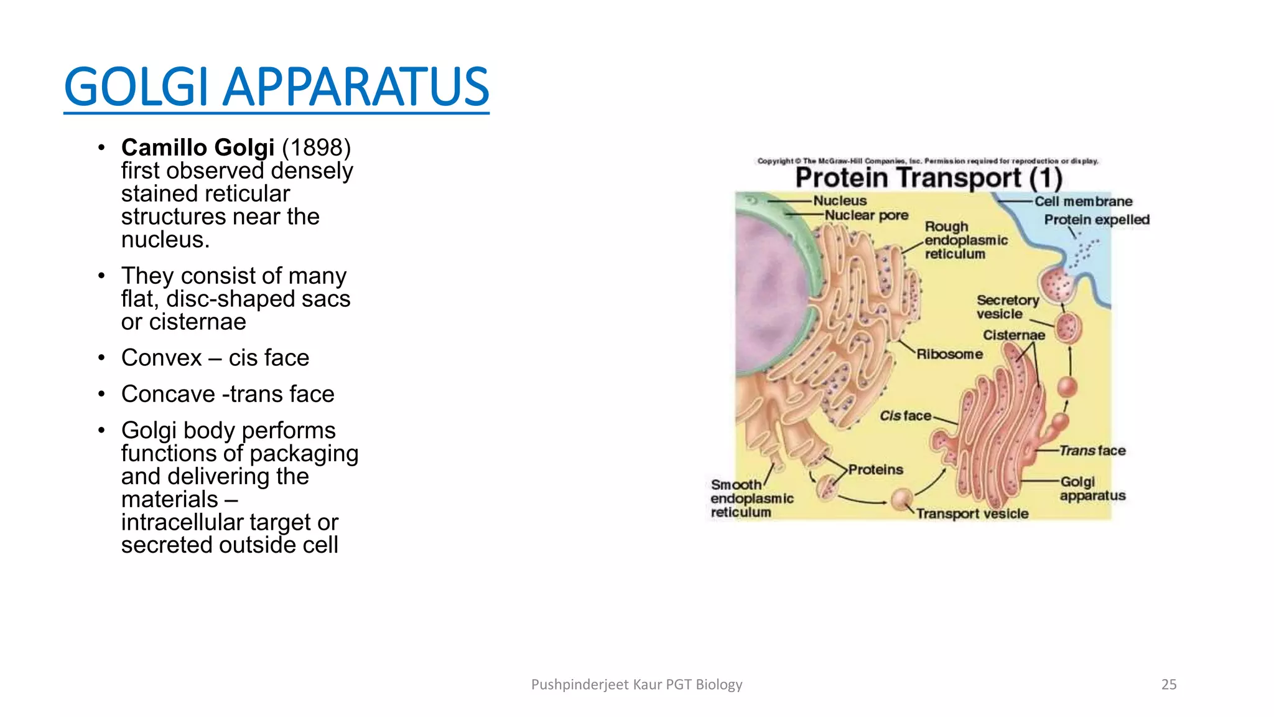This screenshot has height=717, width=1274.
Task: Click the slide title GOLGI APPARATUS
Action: coord(276,87)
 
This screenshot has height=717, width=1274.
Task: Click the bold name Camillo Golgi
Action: coord(198,148)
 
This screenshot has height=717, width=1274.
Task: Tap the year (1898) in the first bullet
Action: coord(317,148)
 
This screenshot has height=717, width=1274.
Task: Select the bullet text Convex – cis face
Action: coord(215,358)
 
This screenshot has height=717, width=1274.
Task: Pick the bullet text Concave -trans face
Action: coord(228,394)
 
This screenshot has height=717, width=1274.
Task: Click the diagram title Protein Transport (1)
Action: coord(928,178)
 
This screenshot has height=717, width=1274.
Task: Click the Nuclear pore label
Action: coord(866,215)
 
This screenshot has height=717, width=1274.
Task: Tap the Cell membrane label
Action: coord(1083,202)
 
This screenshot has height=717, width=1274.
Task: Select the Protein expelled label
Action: coord(1096,220)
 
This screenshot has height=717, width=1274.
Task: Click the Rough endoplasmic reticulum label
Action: coord(965,240)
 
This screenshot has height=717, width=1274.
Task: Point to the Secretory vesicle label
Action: coord(1007,307)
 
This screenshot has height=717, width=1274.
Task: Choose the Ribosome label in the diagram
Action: coord(949,354)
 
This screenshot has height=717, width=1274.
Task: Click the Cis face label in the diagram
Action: coord(905,416)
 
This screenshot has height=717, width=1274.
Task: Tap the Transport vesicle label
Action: coord(972,514)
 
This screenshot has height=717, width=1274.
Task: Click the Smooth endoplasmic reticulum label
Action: coord(751,499)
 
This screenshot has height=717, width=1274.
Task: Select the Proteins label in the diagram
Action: coord(875,470)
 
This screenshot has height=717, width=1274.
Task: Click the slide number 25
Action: coord(1169,685)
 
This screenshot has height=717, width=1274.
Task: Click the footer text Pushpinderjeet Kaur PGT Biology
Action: coord(636,685)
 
